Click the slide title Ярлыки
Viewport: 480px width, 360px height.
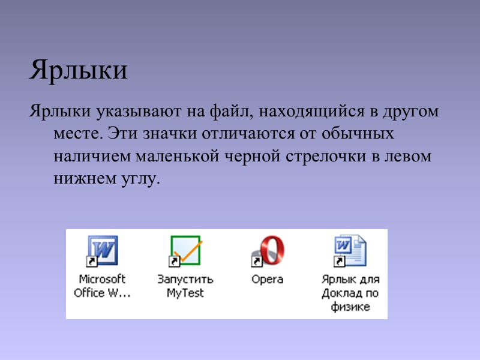78,71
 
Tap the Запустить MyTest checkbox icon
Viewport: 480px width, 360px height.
185,250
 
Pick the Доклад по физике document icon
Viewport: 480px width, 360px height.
350,251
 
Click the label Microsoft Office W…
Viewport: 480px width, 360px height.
102,286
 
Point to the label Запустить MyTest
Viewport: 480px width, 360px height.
185,286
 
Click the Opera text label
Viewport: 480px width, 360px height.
268,280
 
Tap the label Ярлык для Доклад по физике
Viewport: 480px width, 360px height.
350,293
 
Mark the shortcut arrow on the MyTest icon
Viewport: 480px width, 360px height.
174,262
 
